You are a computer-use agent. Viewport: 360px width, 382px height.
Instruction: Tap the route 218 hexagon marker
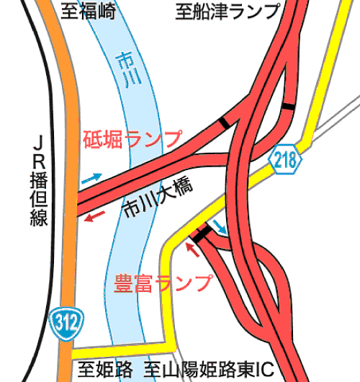click(285, 159)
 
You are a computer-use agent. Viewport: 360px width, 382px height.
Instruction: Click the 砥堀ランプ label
click(132, 139)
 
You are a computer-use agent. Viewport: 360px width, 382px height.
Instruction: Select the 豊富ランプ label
click(163, 283)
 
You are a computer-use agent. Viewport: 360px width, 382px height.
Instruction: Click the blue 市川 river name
click(128, 70)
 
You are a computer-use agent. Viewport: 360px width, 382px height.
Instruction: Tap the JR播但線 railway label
click(39, 180)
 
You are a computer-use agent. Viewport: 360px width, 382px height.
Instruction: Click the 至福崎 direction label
click(88, 11)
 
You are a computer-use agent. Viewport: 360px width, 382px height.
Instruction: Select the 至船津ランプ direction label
click(228, 11)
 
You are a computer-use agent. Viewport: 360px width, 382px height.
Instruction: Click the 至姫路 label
click(105, 369)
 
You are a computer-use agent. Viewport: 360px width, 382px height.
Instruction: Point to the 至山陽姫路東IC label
click(209, 369)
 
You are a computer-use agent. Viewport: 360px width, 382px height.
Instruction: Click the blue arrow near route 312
click(91, 178)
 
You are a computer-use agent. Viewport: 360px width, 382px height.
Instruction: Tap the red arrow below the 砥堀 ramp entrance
click(94, 216)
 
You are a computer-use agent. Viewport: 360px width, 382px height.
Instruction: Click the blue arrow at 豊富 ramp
click(220, 227)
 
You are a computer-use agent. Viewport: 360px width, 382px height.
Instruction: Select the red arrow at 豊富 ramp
click(192, 249)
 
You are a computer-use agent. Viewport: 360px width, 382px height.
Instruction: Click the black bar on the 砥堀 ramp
click(224, 123)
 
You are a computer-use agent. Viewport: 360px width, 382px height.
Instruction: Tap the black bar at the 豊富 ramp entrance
click(202, 234)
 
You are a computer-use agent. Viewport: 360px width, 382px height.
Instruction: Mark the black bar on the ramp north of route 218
click(288, 107)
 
